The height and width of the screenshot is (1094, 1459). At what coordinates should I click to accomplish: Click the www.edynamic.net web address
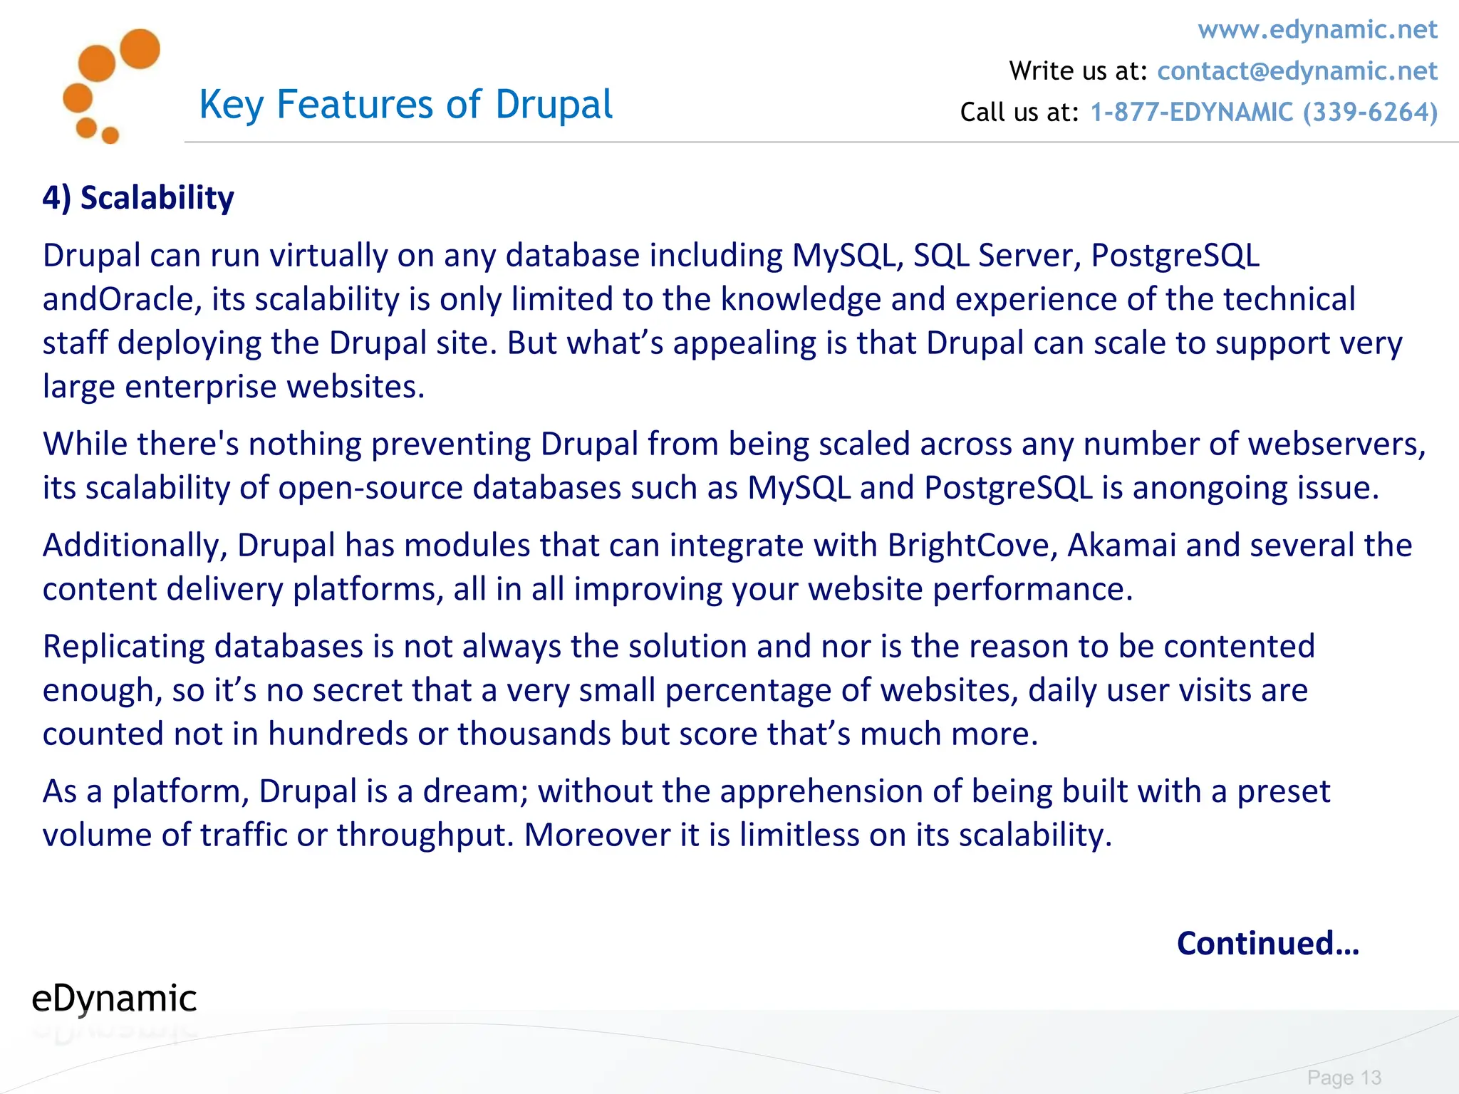tap(1317, 30)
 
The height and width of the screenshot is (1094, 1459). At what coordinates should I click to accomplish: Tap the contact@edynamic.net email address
tap(1297, 71)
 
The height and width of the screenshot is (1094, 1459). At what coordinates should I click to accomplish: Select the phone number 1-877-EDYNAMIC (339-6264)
tap(1264, 113)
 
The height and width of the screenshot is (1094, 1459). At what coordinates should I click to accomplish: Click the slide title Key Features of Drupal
tap(405, 105)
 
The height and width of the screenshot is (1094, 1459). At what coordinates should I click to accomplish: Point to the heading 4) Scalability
tap(138, 198)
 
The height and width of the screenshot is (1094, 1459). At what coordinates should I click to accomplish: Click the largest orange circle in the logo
tap(140, 49)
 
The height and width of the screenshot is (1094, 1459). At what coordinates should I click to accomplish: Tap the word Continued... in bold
tap(1267, 943)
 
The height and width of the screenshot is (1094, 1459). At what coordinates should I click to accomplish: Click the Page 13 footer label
tap(1344, 1078)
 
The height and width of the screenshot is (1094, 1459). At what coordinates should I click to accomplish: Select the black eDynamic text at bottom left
tap(114, 999)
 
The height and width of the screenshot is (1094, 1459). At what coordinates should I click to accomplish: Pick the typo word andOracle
tap(118, 300)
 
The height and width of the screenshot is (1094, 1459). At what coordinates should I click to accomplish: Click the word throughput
tap(425, 835)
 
